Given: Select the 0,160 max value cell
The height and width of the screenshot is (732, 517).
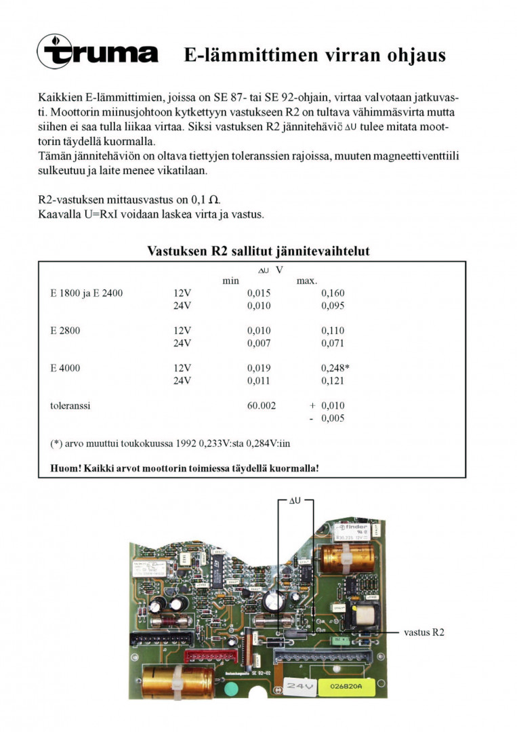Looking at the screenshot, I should pos(333,293).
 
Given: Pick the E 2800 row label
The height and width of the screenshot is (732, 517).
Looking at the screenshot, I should pos(65,331).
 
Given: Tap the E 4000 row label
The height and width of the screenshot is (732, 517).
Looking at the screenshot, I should pos(65,368).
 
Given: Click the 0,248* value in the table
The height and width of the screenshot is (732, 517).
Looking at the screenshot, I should pos(335,368).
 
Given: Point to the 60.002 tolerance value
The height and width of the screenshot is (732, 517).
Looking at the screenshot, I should pos(262,405).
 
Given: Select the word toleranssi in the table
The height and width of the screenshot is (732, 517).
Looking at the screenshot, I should pos(70,405).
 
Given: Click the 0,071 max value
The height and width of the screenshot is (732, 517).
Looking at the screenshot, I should pos(333,343).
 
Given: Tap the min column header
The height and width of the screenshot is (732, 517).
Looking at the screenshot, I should pos(231,281).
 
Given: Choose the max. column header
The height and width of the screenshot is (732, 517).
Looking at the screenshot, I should pos(307,281).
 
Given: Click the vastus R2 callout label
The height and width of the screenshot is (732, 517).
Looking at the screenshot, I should pos(424,632).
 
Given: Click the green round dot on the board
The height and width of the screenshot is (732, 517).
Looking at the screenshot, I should pos(231,690).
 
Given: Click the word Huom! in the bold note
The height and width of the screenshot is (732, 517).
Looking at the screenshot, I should pos(65,468).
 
